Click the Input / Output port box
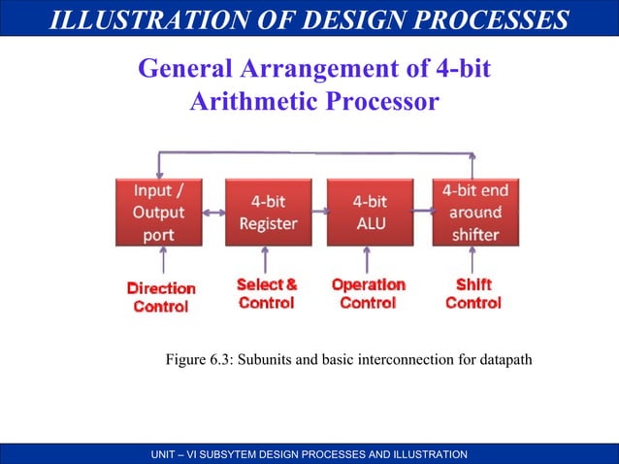pos(159,212)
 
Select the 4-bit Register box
pos(269,212)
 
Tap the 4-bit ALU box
pos(369,212)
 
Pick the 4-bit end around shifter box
pos(474,212)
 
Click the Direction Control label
pos(161,297)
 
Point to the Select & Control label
pos(267,294)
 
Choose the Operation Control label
pos(368,294)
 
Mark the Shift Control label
pos(472,294)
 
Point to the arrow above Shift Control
pos(472,259)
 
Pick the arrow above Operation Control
pos(366,259)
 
